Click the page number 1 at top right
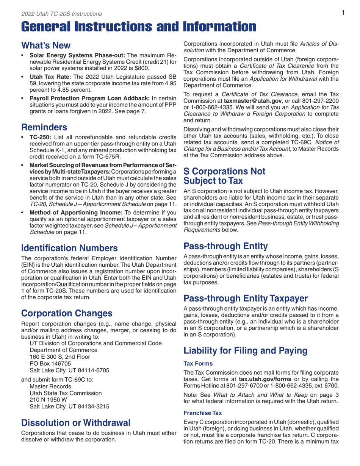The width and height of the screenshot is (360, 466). [x=343, y=13]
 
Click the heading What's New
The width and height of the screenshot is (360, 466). [x=46, y=45]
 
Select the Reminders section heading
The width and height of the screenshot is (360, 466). [x=44, y=127]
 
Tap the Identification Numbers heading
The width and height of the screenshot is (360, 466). [x=69, y=248]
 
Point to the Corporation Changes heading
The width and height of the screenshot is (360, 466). [x=67, y=313]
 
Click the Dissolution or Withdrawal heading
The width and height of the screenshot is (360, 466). [x=76, y=423]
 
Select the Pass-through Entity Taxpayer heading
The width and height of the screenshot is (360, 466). [x=246, y=299]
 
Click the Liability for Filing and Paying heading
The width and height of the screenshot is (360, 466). [x=245, y=350]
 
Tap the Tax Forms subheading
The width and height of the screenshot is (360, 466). [x=198, y=363]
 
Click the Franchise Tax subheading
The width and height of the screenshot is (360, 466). [x=203, y=413]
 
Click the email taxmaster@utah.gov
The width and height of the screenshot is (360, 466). [x=253, y=101]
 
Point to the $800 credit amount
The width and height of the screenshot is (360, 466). [x=142, y=68]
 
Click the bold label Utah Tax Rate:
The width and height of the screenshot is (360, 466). [x=50, y=77]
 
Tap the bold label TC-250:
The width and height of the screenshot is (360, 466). [x=40, y=137]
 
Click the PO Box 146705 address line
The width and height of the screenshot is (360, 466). [x=50, y=364]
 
